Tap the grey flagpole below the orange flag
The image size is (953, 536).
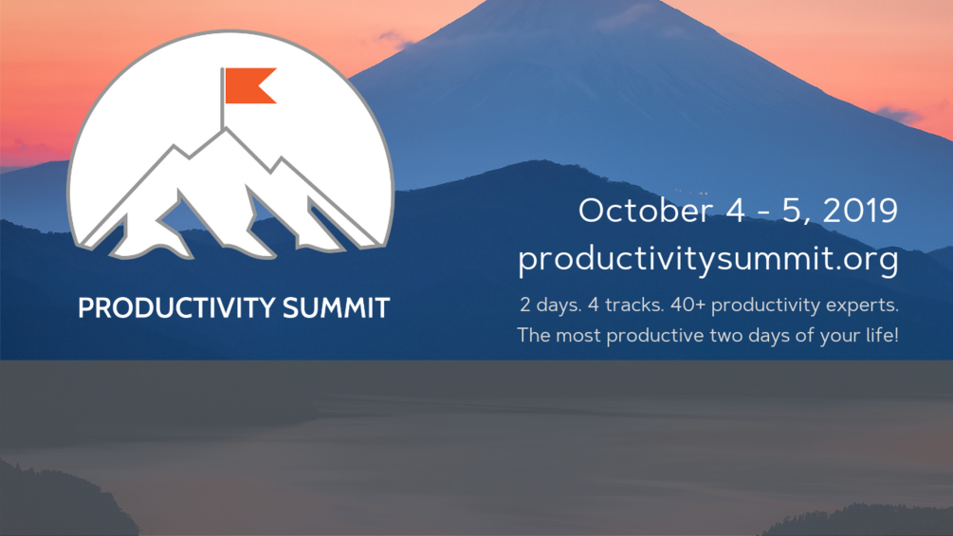coord(223,98)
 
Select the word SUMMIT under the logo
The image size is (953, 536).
coord(336,308)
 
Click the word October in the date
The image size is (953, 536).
coord(645,211)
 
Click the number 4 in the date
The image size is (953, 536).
coord(735,211)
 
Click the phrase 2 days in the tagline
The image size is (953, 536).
coord(550,305)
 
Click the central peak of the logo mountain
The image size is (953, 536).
coord(225,129)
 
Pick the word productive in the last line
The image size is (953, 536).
coord(655,336)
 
